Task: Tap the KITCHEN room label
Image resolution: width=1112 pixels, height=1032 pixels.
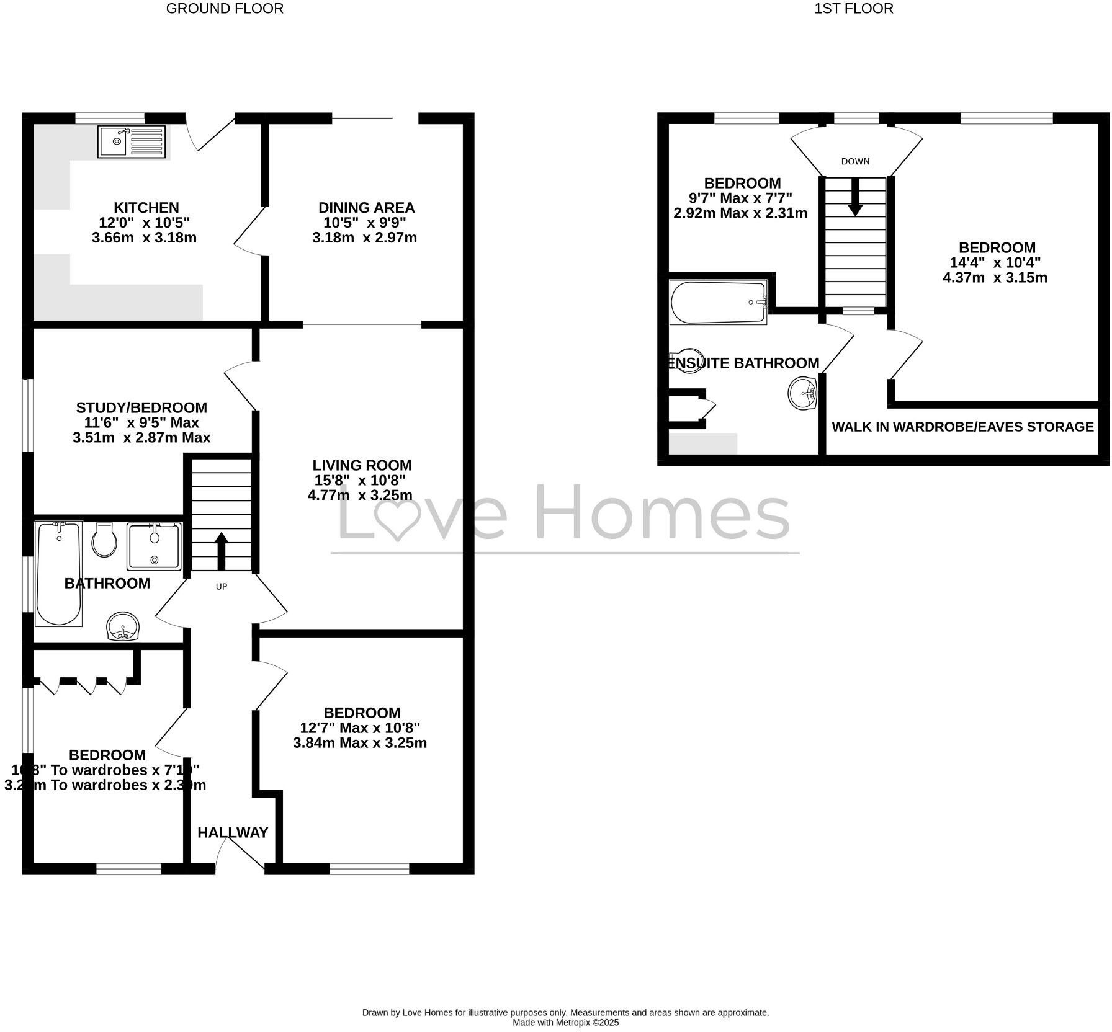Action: (146, 208)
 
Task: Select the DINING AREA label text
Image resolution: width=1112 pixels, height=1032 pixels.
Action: (366, 208)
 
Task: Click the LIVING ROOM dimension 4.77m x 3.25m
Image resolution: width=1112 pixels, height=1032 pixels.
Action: (360, 495)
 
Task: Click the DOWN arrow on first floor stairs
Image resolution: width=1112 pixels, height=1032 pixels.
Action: (855, 197)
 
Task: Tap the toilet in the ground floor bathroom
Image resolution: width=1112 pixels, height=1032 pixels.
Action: (104, 540)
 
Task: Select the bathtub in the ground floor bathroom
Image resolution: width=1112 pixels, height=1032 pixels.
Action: (59, 574)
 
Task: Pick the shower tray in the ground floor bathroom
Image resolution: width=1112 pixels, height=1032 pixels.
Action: (155, 546)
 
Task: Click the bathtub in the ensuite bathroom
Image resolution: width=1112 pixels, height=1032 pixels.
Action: (718, 303)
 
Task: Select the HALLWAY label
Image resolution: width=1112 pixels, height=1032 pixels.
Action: (233, 832)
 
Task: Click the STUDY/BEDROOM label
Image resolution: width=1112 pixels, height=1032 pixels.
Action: (141, 407)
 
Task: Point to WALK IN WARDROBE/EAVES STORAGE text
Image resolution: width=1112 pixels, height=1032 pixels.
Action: (962, 427)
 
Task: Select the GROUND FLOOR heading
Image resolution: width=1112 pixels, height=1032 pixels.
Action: (225, 9)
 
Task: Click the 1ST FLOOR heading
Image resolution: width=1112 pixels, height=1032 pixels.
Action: (853, 9)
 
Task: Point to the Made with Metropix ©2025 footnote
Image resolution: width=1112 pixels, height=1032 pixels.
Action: (565, 1023)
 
